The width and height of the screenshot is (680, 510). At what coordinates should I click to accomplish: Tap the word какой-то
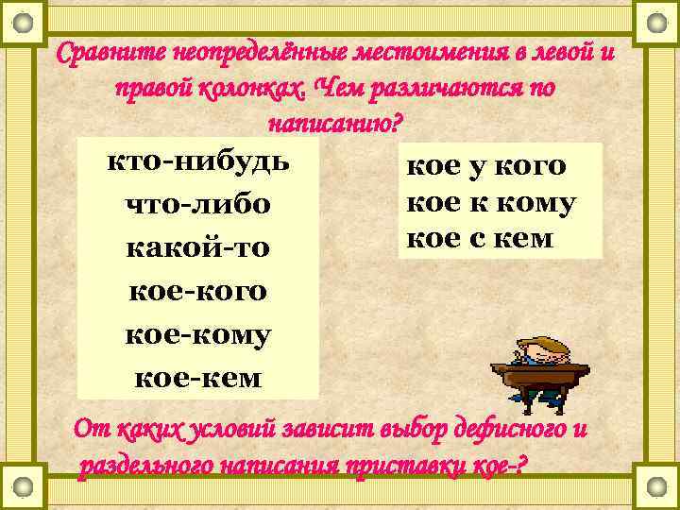(197, 248)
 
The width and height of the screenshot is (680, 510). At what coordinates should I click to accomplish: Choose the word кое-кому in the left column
(197, 335)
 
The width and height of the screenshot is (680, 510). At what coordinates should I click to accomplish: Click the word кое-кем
(197, 378)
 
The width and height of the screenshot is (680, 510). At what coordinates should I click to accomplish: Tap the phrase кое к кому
(490, 203)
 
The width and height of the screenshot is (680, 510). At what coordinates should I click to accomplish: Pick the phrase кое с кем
(479, 238)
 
